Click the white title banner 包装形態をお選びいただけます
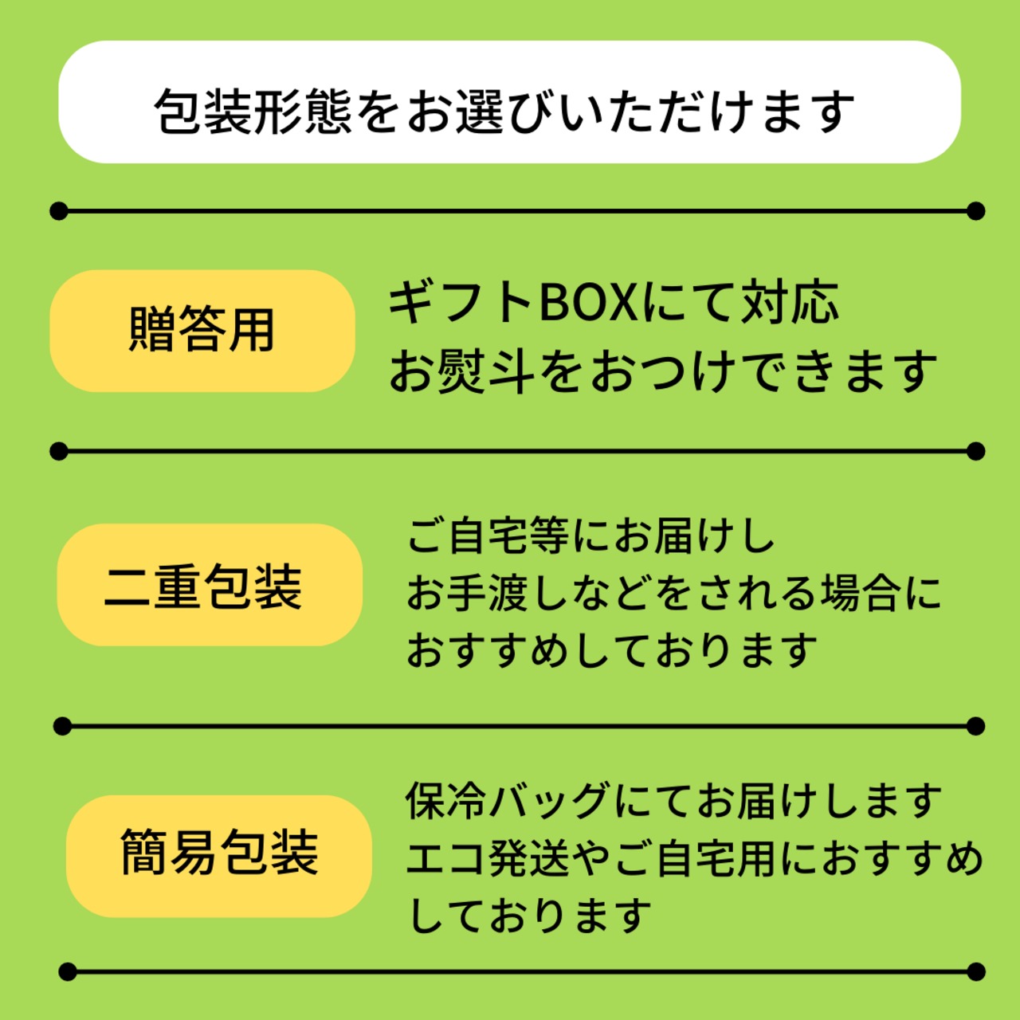coord(509,102)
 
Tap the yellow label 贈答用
coord(202,331)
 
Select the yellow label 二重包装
coord(209,585)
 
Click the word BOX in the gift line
coord(589,303)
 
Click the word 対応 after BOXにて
coord(790,303)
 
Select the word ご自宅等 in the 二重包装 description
coord(488,535)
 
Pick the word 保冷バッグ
coord(508,800)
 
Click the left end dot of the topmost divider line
coord(58,211)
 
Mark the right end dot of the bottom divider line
coord(976,972)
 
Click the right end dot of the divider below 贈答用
coord(976,452)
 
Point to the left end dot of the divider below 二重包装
coord(62,727)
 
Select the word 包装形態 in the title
coord(253,111)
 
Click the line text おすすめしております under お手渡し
coord(612,650)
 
